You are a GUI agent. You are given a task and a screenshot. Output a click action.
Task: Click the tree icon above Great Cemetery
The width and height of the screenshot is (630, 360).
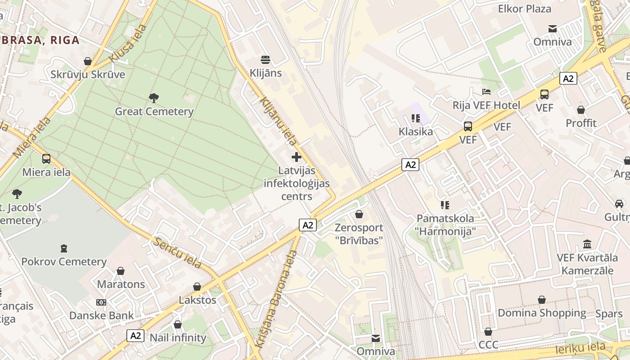(153, 98)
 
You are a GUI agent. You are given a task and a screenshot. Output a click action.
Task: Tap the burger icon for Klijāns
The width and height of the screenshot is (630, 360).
(265, 59)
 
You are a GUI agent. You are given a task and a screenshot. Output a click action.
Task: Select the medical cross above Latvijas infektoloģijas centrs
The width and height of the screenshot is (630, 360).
(297, 157)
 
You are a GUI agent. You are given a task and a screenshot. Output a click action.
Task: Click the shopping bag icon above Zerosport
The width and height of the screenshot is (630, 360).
(359, 214)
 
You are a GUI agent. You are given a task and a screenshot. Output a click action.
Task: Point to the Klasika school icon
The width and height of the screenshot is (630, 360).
(415, 118)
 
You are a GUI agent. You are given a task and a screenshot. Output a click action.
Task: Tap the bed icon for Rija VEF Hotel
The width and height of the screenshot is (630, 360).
(486, 92)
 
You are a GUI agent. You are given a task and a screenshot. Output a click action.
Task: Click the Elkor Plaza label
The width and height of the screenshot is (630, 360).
(524, 9)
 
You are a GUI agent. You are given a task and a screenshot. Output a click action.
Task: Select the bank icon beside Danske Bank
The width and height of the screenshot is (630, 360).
(101, 302)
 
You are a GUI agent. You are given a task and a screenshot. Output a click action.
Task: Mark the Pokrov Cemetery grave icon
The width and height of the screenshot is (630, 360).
(64, 248)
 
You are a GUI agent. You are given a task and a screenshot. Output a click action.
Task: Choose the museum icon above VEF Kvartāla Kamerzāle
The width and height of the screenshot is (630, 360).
(587, 244)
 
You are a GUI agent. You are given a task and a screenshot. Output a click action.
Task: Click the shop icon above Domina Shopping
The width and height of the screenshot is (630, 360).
(542, 300)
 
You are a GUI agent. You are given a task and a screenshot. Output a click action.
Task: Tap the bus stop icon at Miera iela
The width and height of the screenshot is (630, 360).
(46, 159)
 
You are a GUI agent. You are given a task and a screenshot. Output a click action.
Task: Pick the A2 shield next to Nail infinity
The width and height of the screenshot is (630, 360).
(135, 335)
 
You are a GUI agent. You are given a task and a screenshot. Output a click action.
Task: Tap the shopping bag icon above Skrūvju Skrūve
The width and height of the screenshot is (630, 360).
(88, 61)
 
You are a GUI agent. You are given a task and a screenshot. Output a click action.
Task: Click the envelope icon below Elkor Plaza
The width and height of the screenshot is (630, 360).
(553, 29)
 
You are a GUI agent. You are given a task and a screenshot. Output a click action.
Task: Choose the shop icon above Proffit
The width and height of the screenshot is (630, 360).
(581, 110)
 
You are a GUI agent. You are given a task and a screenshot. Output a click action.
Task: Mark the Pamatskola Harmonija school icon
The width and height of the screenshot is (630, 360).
(445, 205)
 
